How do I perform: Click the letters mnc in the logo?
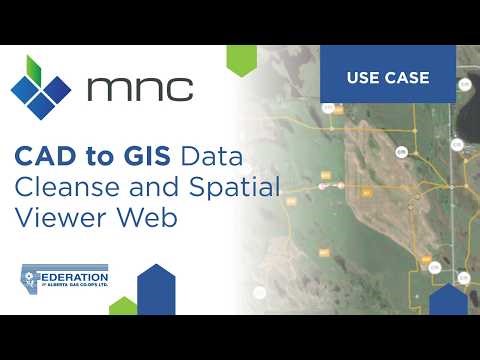click(140, 88)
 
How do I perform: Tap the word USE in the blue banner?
click(363, 77)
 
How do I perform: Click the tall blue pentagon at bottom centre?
click(155, 289)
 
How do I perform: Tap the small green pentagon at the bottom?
click(123, 305)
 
